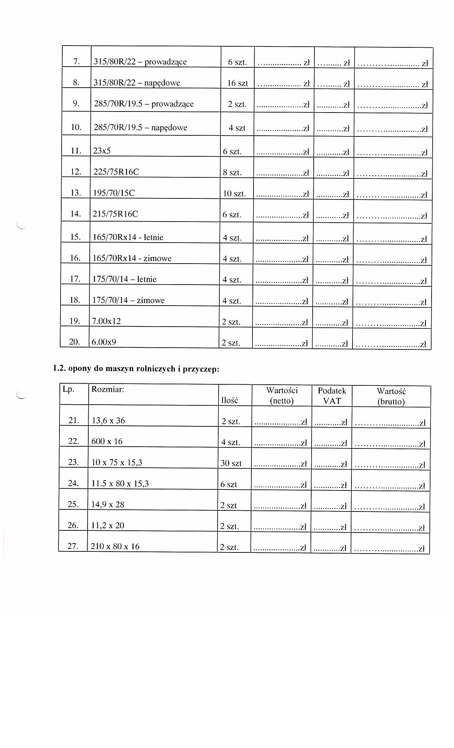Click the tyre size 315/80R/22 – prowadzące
point(140,62)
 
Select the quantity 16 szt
point(238,83)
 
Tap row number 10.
point(76,128)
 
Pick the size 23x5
point(102,151)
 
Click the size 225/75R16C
point(116,172)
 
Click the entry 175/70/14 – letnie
point(124,279)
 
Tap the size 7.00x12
point(106,321)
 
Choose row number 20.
point(74,342)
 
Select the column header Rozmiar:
point(108,389)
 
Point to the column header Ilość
point(229,400)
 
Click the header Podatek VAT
point(332,396)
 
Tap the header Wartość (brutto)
point(391,396)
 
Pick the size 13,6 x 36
point(108,421)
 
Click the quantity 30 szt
point(231,463)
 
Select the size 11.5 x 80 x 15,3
point(120,484)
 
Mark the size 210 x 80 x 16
point(115,546)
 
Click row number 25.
point(73,504)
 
